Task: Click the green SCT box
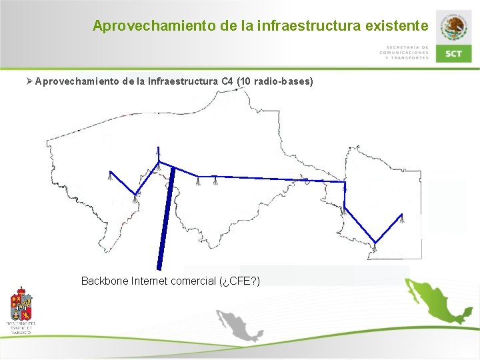point(454,53)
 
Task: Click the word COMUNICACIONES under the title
point(404,53)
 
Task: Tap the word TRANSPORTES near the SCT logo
point(409,58)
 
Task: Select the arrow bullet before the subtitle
point(29,81)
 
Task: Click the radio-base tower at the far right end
point(402,219)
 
